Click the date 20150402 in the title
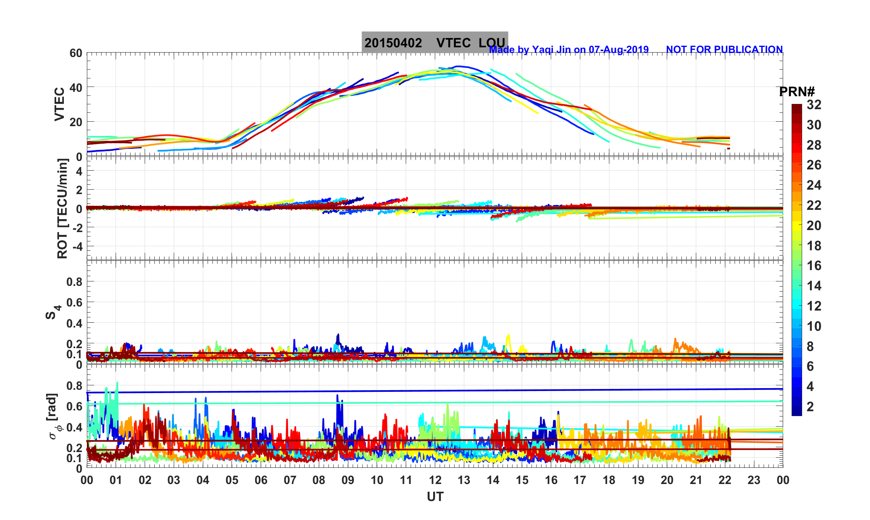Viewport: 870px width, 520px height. [393, 43]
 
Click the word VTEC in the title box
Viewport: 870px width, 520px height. [453, 43]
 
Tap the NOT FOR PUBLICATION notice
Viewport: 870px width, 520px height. [724, 49]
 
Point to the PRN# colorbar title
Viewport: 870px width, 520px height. [797, 92]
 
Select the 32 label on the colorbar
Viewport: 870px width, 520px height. [814, 105]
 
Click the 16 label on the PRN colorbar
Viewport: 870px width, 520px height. [814, 266]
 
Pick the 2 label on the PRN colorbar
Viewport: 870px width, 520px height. [810, 406]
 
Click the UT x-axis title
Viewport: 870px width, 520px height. [435, 497]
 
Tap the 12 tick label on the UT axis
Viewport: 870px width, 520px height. [435, 480]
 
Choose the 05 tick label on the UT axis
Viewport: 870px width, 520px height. [232, 480]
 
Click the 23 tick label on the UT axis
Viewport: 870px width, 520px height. [754, 480]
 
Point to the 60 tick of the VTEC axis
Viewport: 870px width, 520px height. [76, 53]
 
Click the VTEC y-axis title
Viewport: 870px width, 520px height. [59, 104]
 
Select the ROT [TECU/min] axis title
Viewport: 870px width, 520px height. [62, 208]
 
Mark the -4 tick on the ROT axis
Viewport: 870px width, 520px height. [77, 246]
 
